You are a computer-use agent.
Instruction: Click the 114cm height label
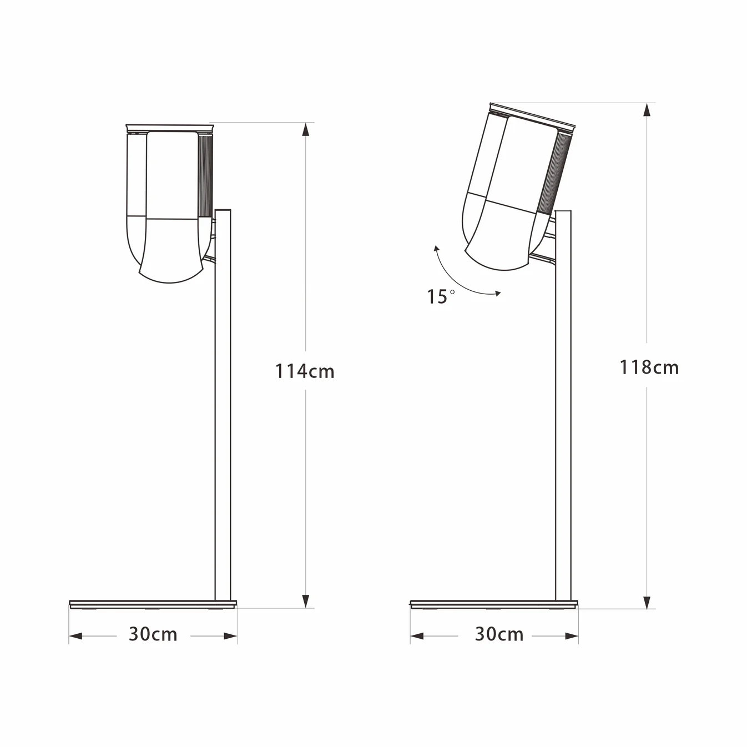point(305,371)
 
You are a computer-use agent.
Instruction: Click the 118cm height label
point(649,367)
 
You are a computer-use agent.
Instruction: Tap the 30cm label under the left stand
point(153,634)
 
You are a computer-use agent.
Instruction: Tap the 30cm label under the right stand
point(499,634)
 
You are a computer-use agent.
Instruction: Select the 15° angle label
point(441,296)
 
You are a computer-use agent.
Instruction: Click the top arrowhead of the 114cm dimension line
point(306,130)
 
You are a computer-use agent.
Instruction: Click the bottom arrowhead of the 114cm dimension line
point(306,600)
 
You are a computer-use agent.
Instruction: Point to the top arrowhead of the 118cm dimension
point(647,110)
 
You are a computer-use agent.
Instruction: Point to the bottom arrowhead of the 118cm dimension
point(647,602)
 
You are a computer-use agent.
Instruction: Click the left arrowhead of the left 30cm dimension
point(76,636)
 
